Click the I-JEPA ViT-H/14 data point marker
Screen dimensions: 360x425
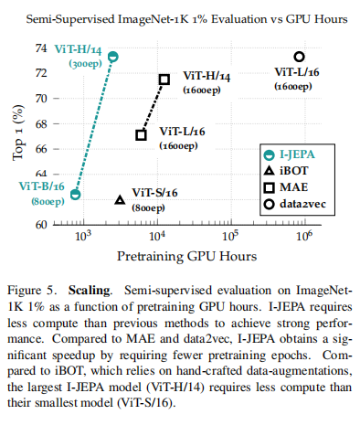pyautogui.click(x=113, y=57)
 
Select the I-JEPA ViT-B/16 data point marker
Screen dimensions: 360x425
pyautogui.click(x=75, y=194)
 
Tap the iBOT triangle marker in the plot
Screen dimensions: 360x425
pyautogui.click(x=120, y=200)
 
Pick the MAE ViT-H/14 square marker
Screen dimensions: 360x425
pyautogui.click(x=164, y=80)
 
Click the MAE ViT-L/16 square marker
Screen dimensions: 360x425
pyautogui.click(x=141, y=135)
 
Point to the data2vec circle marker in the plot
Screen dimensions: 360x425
pyautogui.click(x=300, y=57)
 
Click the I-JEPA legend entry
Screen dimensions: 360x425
pyautogui.click(x=289, y=154)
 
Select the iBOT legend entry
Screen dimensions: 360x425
pyautogui.click(x=286, y=171)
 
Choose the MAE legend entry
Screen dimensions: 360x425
pyautogui.click(x=286, y=186)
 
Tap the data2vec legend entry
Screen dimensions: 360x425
pyautogui.click(x=294, y=204)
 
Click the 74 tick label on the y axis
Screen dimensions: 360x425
pyautogui.click(x=41, y=48)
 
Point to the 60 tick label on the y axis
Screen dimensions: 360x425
pyautogui.click(x=41, y=225)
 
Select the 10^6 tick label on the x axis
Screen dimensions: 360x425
pyautogui.click(x=304, y=236)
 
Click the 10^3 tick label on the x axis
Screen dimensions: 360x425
pyautogui.click(x=83, y=236)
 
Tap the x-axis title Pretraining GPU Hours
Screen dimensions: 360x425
pyautogui.click(x=187, y=256)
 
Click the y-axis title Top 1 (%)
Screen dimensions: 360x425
pyautogui.click(x=18, y=133)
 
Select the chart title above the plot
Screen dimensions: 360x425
pyautogui.click(x=186, y=19)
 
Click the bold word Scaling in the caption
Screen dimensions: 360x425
pyautogui.click(x=89, y=291)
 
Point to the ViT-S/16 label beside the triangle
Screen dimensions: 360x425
pyautogui.click(x=154, y=193)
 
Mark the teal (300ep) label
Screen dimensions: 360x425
pyautogui.click(x=85, y=64)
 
